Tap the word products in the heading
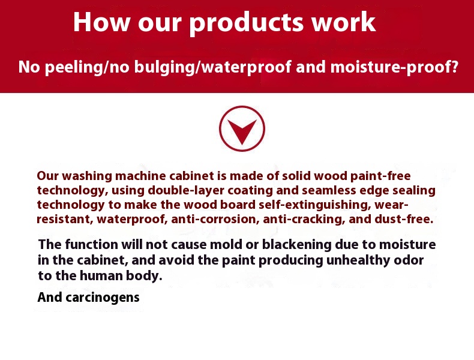point(246,23)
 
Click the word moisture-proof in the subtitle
point(394,67)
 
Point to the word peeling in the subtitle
point(74,67)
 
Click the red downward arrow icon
point(242,128)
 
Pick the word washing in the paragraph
point(87,176)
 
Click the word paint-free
point(380,176)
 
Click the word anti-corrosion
point(215,219)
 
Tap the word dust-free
point(404,219)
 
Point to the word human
point(101,276)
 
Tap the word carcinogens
point(103,298)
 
